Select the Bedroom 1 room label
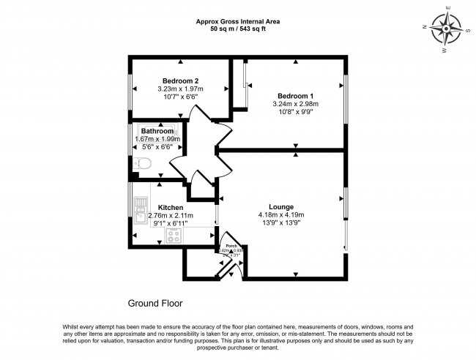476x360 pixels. [x=295, y=96]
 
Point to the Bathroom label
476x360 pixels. [x=157, y=131]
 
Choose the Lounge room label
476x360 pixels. [x=280, y=206]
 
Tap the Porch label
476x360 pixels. [x=231, y=245]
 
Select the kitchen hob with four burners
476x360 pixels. [x=174, y=235]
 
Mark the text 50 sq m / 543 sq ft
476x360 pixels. [x=238, y=29]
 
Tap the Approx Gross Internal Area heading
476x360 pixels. [x=238, y=21]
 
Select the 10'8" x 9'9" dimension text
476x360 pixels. [x=295, y=113]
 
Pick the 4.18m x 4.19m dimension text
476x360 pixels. [x=280, y=214]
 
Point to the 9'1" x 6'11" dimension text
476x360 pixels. [x=171, y=224]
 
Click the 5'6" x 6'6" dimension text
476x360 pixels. [x=157, y=147]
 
